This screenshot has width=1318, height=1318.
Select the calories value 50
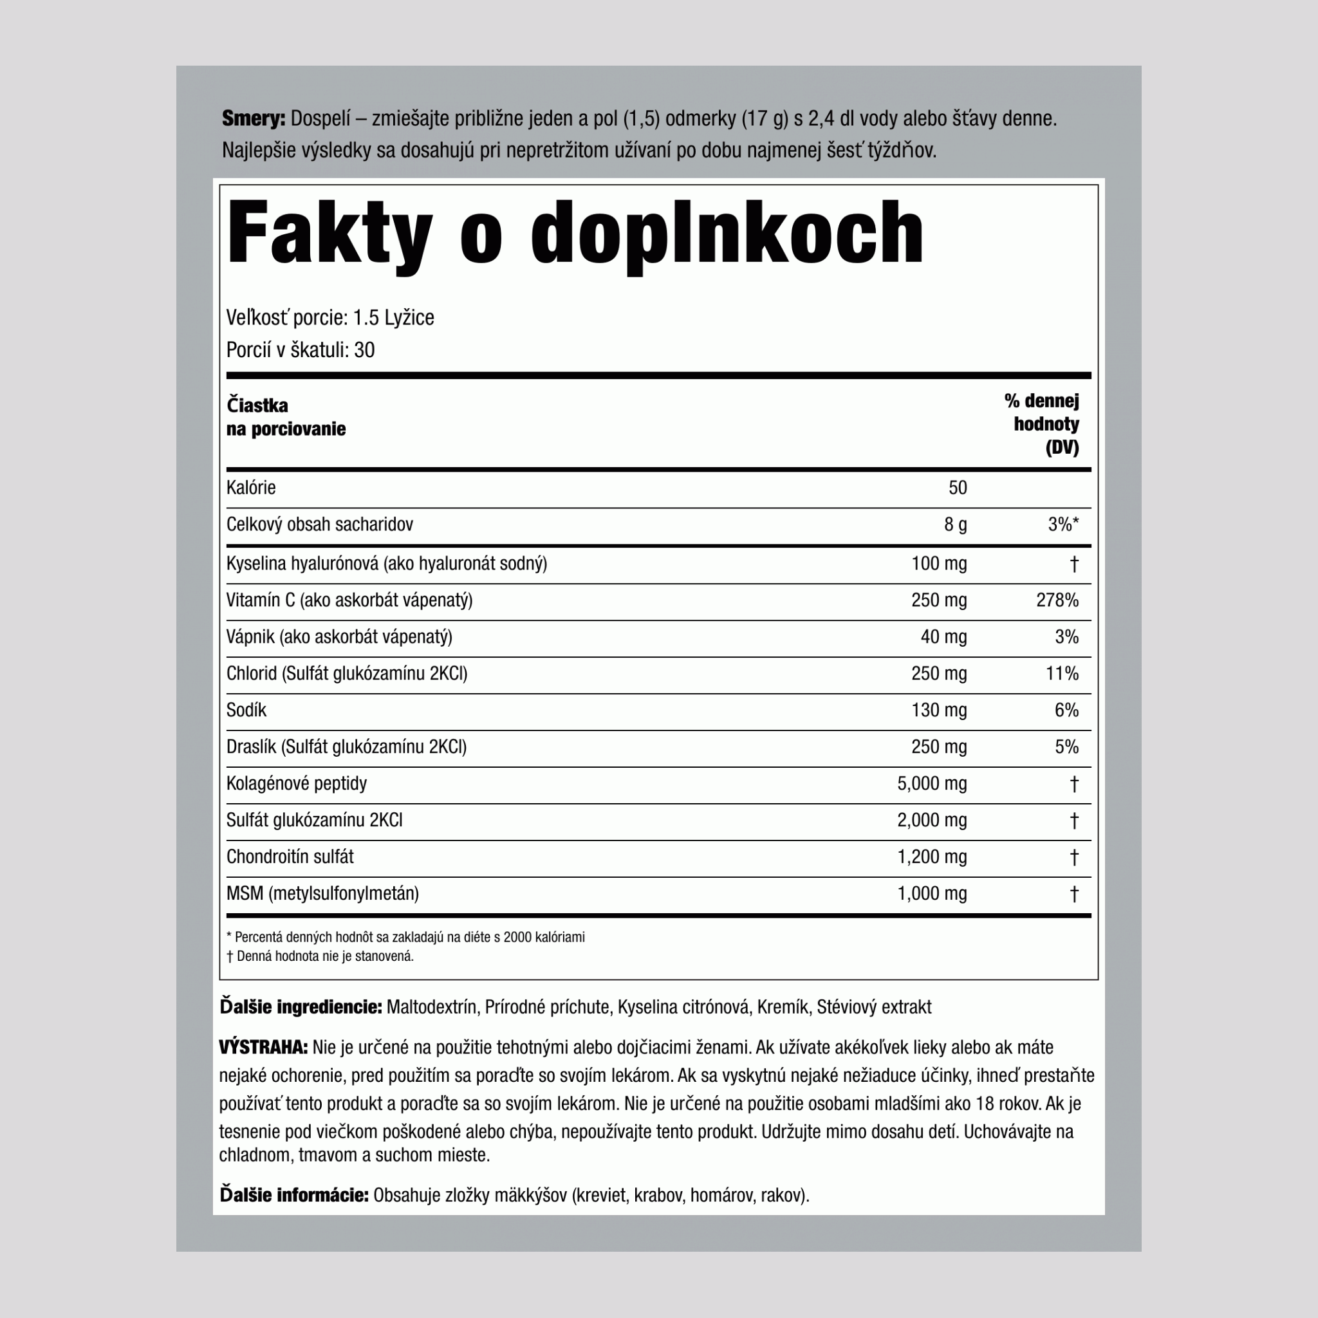957,488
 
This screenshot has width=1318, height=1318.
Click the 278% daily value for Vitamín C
1057,600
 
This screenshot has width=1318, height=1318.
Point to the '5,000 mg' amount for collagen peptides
931,784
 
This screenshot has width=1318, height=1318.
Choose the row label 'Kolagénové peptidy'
296,784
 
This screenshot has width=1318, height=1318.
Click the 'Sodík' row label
246,710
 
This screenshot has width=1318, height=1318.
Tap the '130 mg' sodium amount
939,710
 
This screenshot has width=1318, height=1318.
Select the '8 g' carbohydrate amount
955,524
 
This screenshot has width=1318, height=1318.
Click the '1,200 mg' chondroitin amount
931,857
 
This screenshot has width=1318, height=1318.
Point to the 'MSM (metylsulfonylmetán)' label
322,894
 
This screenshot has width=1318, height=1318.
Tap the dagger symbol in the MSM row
1074,894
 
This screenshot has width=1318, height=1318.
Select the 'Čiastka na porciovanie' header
286,417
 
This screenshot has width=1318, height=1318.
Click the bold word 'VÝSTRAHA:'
263,1047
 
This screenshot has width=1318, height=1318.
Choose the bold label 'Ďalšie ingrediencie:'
300,1007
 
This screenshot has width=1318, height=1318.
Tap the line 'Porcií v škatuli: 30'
300,350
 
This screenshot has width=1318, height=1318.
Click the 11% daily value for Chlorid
1061,674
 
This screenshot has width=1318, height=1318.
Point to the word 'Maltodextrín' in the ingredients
431,1007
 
